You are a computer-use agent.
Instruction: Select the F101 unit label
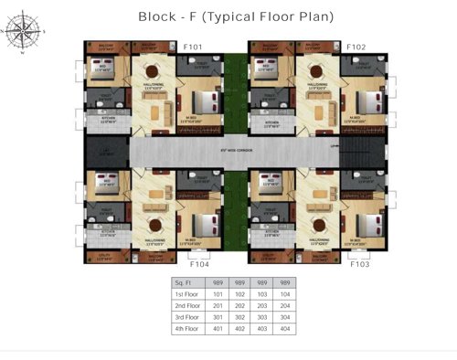194,47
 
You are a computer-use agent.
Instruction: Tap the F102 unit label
356,47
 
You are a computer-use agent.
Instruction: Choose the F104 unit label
199,263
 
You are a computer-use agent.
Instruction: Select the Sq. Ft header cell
185,283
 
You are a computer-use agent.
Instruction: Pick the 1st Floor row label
186,295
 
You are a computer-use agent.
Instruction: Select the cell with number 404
288,328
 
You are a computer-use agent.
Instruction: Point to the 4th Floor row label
186,328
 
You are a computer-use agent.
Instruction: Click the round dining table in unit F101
152,72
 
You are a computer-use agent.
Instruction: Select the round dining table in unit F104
153,223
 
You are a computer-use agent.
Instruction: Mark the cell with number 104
288,295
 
